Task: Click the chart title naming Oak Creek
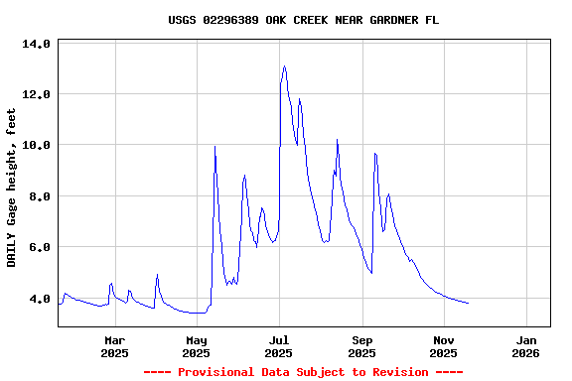coord(303,20)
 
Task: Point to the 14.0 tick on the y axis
coord(36,44)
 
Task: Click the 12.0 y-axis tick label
coord(36,94)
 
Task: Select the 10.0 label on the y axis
coord(36,145)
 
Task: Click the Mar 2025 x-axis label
coord(114,345)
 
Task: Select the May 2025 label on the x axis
coord(197,345)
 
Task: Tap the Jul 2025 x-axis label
coord(279,345)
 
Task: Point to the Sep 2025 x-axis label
coord(362,345)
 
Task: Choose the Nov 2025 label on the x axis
coord(444,345)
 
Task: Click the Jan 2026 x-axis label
coord(525,345)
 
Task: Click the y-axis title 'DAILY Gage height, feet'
coord(12,188)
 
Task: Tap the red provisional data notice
coord(303,372)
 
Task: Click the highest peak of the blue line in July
coord(285,67)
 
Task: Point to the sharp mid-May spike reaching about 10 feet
coord(214,147)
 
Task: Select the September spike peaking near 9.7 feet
coord(374,153)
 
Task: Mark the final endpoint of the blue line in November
coord(468,303)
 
